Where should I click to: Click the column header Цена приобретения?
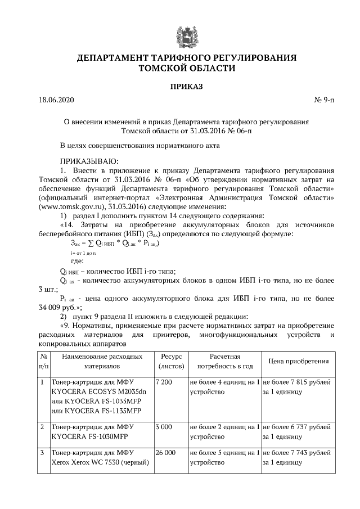tap(298, 361)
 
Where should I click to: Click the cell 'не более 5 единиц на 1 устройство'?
tap(224, 457)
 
